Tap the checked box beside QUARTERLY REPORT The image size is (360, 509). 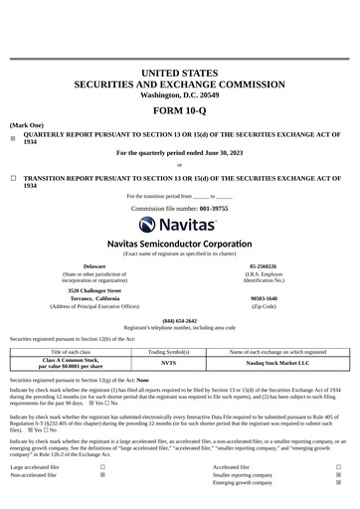tap(13, 139)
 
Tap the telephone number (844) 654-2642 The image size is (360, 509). tap(180, 321)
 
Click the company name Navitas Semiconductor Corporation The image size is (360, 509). tap(180, 244)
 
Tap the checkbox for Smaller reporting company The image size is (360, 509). tap(338, 475)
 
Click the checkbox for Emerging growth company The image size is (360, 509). tap(338, 484)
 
